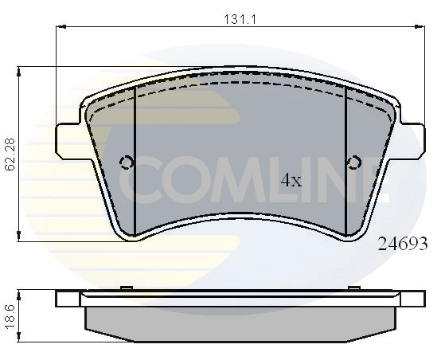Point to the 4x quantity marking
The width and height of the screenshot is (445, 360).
pyautogui.click(x=291, y=181)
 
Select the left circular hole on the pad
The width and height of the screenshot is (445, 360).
pyautogui.click(x=126, y=163)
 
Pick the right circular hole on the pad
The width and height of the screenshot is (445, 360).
pyautogui.click(x=354, y=164)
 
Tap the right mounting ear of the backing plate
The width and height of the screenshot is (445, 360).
pyautogui.click(x=411, y=140)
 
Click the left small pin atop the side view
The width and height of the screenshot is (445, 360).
pyautogui.click(x=125, y=288)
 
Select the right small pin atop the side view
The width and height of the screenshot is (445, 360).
pyautogui.click(x=353, y=288)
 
